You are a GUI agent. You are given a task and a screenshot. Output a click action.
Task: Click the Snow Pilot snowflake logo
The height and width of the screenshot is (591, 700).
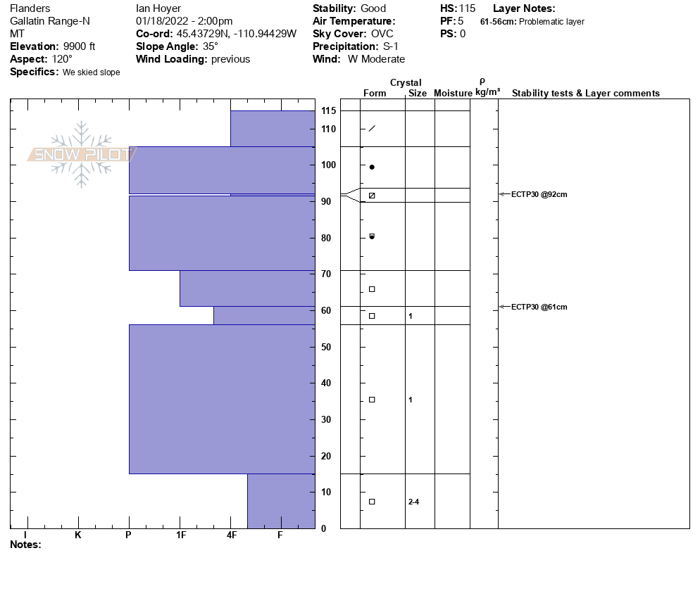coord(82,154)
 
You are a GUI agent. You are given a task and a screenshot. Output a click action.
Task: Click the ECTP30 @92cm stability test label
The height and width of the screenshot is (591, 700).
coord(539,194)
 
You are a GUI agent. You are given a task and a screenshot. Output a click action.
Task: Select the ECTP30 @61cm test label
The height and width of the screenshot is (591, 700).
coord(539,307)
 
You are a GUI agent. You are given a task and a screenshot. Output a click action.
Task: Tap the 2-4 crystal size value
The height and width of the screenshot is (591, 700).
coord(413,502)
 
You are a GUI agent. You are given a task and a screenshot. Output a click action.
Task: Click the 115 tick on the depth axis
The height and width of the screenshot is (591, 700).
coord(328,111)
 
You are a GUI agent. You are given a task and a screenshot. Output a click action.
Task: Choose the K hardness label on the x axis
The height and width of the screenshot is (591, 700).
coord(78,535)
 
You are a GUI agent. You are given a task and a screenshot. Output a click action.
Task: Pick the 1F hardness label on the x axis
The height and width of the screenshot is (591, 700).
coord(180,535)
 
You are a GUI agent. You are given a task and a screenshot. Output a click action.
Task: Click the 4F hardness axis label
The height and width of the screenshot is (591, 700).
coord(232,535)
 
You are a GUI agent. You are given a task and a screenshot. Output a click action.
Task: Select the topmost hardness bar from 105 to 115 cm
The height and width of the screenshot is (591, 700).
coord(273,129)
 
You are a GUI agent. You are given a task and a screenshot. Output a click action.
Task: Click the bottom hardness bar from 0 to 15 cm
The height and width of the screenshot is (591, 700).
coord(281,501)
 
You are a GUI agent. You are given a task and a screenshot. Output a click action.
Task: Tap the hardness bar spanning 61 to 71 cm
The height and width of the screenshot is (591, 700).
coord(247,288)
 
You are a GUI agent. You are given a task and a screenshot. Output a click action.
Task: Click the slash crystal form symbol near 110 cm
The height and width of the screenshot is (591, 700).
coord(372,128)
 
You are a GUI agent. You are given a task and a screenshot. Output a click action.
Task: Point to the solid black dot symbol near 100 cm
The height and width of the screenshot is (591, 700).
coord(372,167)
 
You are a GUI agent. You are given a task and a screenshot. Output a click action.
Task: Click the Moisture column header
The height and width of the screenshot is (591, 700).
coord(453,94)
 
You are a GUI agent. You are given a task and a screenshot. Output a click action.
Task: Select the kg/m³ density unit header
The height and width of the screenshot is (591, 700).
coord(488,92)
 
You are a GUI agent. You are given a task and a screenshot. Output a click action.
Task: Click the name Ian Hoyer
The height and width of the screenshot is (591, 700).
coord(158,8)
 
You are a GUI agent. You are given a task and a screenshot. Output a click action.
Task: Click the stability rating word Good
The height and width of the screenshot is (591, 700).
coord(373,8)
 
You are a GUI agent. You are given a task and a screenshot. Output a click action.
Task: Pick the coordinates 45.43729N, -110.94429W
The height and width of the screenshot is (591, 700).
coord(237,34)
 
